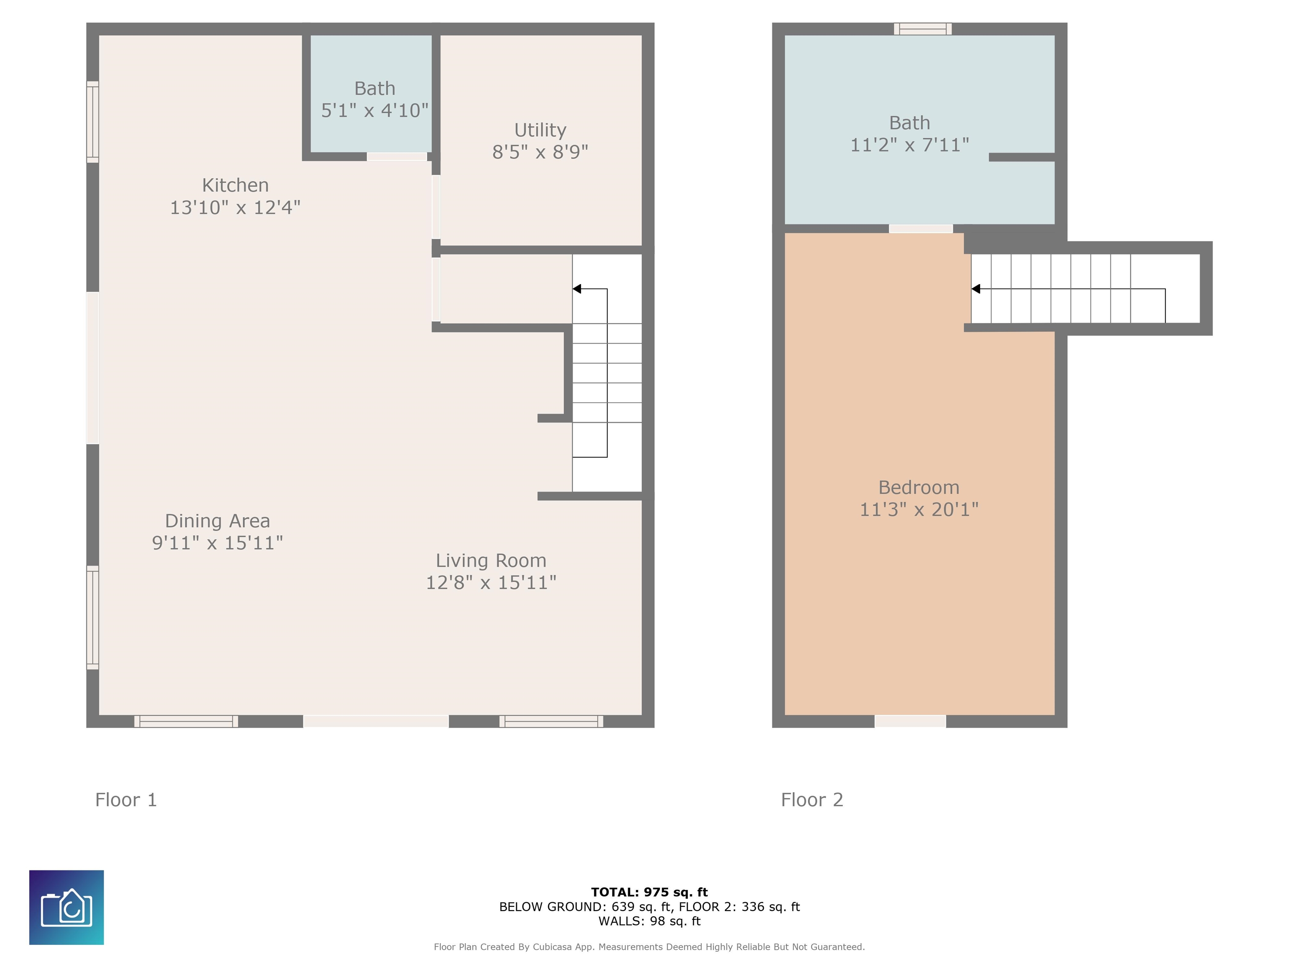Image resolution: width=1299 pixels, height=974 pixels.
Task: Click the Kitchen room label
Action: click(x=236, y=186)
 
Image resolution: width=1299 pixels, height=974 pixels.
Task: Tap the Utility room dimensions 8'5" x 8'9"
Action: click(x=540, y=152)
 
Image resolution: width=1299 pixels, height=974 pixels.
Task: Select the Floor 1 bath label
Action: click(x=375, y=89)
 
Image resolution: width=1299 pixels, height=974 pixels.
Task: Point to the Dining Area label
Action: click(x=217, y=521)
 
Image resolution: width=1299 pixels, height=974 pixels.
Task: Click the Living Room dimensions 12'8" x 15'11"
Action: click(x=491, y=583)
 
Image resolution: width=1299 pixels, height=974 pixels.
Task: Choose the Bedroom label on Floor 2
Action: click(x=919, y=487)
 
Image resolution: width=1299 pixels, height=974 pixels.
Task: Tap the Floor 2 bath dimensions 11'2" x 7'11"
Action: click(x=910, y=145)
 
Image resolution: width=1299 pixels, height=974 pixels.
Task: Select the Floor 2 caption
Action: click(x=812, y=800)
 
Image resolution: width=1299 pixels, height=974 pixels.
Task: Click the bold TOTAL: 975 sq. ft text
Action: click(x=649, y=892)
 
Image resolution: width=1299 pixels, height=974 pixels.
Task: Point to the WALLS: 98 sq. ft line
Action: click(x=649, y=921)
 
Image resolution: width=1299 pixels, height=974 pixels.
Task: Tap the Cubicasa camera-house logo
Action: click(x=66, y=908)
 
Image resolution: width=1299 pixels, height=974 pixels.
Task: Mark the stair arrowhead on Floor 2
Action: click(x=976, y=289)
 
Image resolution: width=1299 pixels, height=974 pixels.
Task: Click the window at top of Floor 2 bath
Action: click(x=923, y=29)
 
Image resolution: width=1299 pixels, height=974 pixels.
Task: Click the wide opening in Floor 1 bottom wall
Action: click(x=376, y=722)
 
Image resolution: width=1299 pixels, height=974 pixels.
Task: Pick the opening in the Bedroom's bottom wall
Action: click(x=910, y=722)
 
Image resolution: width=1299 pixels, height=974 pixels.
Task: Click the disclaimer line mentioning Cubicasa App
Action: click(x=649, y=947)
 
